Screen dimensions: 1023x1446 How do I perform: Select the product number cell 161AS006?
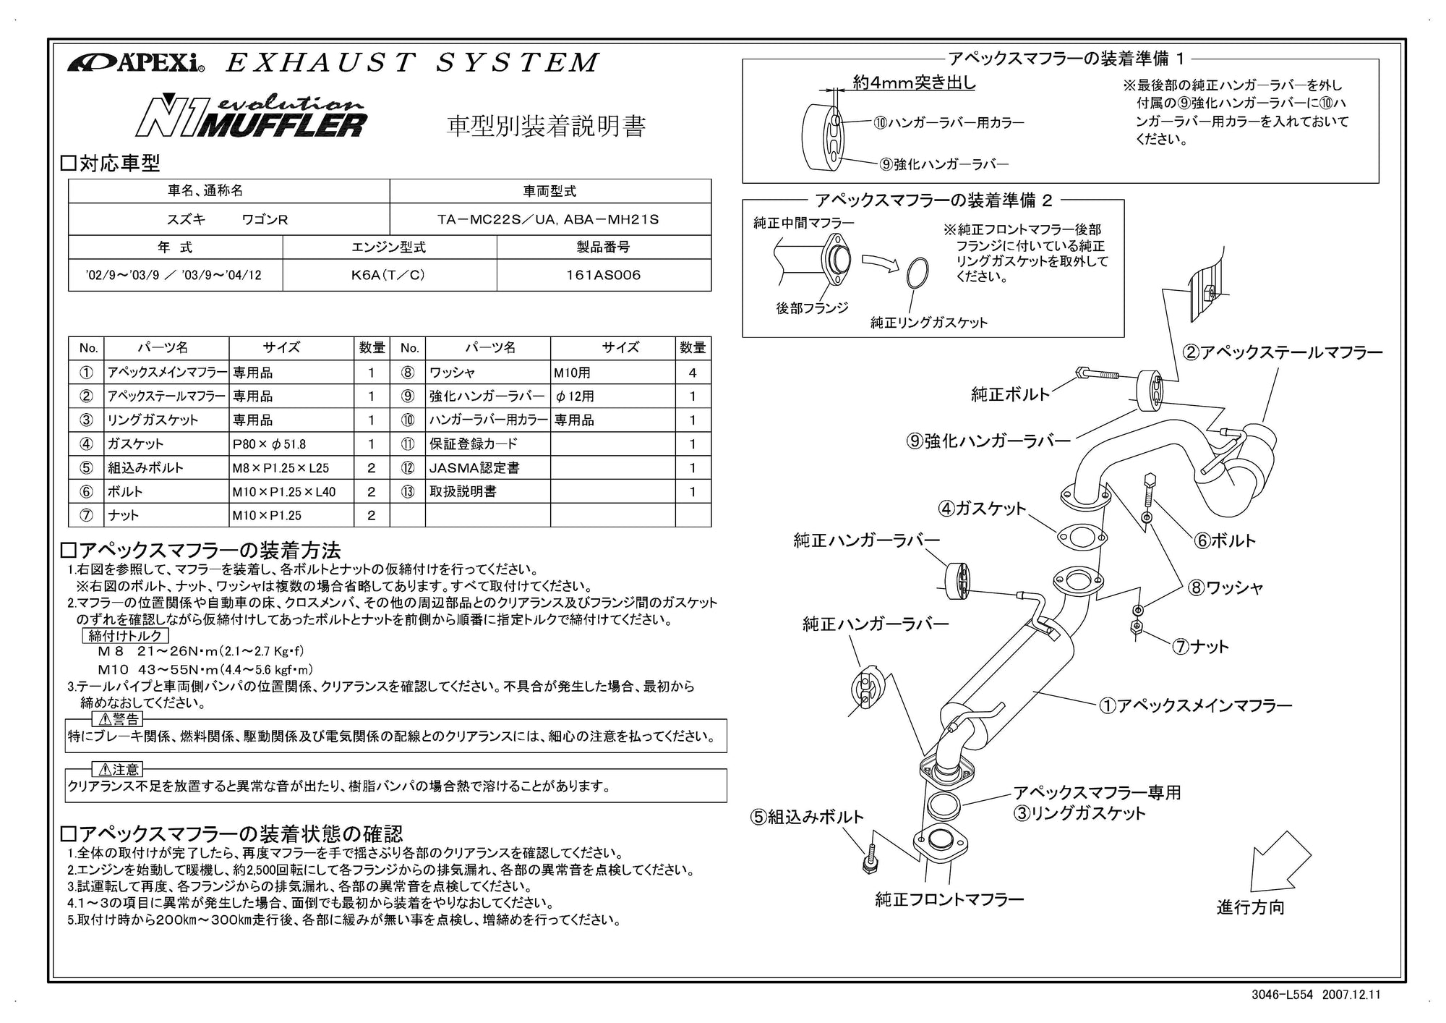click(x=603, y=275)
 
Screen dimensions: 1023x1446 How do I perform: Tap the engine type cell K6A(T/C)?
click(x=389, y=275)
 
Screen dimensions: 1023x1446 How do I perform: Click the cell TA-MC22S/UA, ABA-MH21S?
click(x=549, y=219)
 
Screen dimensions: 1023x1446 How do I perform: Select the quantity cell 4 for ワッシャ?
click(x=693, y=373)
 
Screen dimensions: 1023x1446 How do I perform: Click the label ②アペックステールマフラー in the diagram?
click(x=1282, y=352)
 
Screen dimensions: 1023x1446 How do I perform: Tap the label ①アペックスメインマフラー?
click(x=1195, y=705)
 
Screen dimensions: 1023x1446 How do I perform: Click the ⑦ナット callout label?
click(x=1200, y=647)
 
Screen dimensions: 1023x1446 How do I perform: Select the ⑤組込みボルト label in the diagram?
click(x=807, y=817)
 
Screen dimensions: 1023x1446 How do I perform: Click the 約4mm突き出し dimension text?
click(x=914, y=82)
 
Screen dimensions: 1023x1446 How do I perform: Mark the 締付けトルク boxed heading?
click(x=127, y=636)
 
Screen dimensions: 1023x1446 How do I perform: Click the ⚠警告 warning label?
click(x=117, y=719)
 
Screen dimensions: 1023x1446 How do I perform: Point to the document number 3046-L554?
click(x=1283, y=995)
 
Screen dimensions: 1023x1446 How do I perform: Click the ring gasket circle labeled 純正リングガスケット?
click(x=916, y=273)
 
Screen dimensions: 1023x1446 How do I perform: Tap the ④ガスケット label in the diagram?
click(x=982, y=509)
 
